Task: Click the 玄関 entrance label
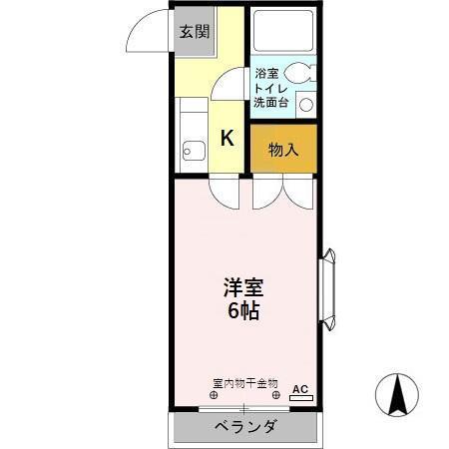point(195,31)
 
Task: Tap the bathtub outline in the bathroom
point(282,32)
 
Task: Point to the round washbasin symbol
point(306,103)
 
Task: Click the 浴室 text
point(266,74)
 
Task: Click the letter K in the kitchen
point(227,139)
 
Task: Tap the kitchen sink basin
point(194,152)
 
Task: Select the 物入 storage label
point(283,151)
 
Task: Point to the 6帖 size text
point(244,310)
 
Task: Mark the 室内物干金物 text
point(245,382)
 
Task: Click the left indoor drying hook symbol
point(213,395)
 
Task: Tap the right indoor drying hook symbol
point(276,395)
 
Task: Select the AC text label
point(301,389)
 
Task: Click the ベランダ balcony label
point(245,427)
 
